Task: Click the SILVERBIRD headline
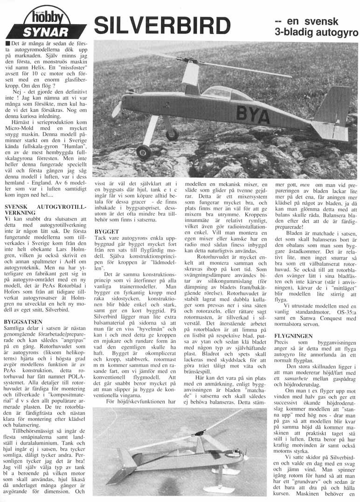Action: (x=163, y=26)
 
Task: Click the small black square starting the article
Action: (x=7, y=43)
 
